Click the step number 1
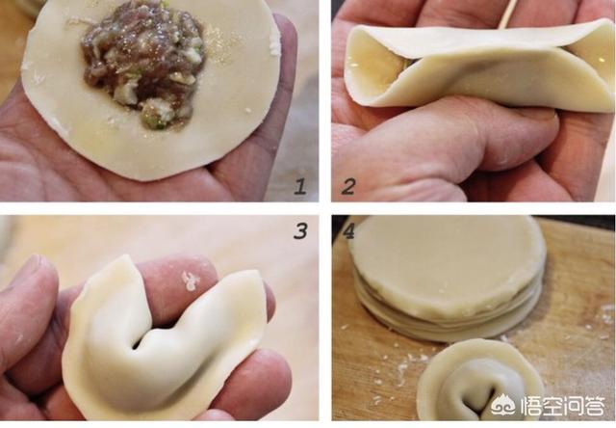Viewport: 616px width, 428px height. point(300,186)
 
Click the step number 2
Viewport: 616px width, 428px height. point(348,186)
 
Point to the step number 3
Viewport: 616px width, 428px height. point(300,231)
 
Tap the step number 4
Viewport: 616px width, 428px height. point(348,231)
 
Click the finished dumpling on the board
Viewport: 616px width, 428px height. point(477,382)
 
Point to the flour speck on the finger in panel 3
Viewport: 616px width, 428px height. point(191,281)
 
